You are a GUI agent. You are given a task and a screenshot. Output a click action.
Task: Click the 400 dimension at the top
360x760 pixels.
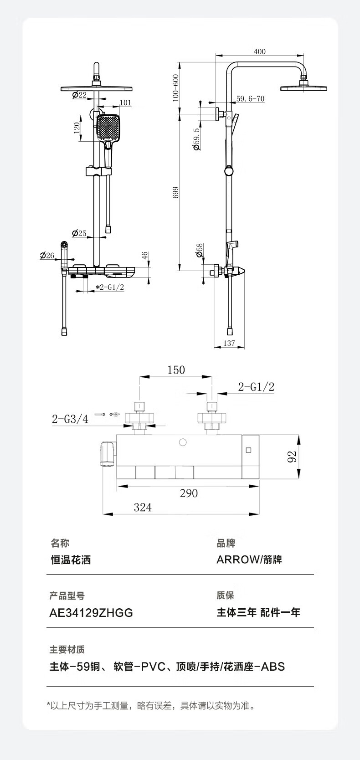point(260,51)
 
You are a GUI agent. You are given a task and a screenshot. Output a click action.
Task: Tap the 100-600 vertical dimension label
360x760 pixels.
point(175,88)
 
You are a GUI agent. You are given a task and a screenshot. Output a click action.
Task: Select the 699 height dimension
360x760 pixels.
point(175,193)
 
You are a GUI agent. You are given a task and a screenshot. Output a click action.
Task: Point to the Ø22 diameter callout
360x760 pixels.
point(79,95)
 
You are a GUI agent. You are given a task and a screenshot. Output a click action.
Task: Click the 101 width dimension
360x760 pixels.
point(125,103)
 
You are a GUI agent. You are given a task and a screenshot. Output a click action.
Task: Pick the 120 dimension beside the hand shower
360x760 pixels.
point(77,128)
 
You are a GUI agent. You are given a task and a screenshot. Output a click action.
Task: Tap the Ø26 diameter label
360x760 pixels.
point(47,256)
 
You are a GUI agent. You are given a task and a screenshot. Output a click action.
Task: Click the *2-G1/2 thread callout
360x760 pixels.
point(109,288)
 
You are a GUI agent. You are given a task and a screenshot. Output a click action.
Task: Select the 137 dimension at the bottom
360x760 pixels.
point(229,343)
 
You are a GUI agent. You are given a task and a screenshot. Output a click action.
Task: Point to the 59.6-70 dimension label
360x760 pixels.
point(251,99)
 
